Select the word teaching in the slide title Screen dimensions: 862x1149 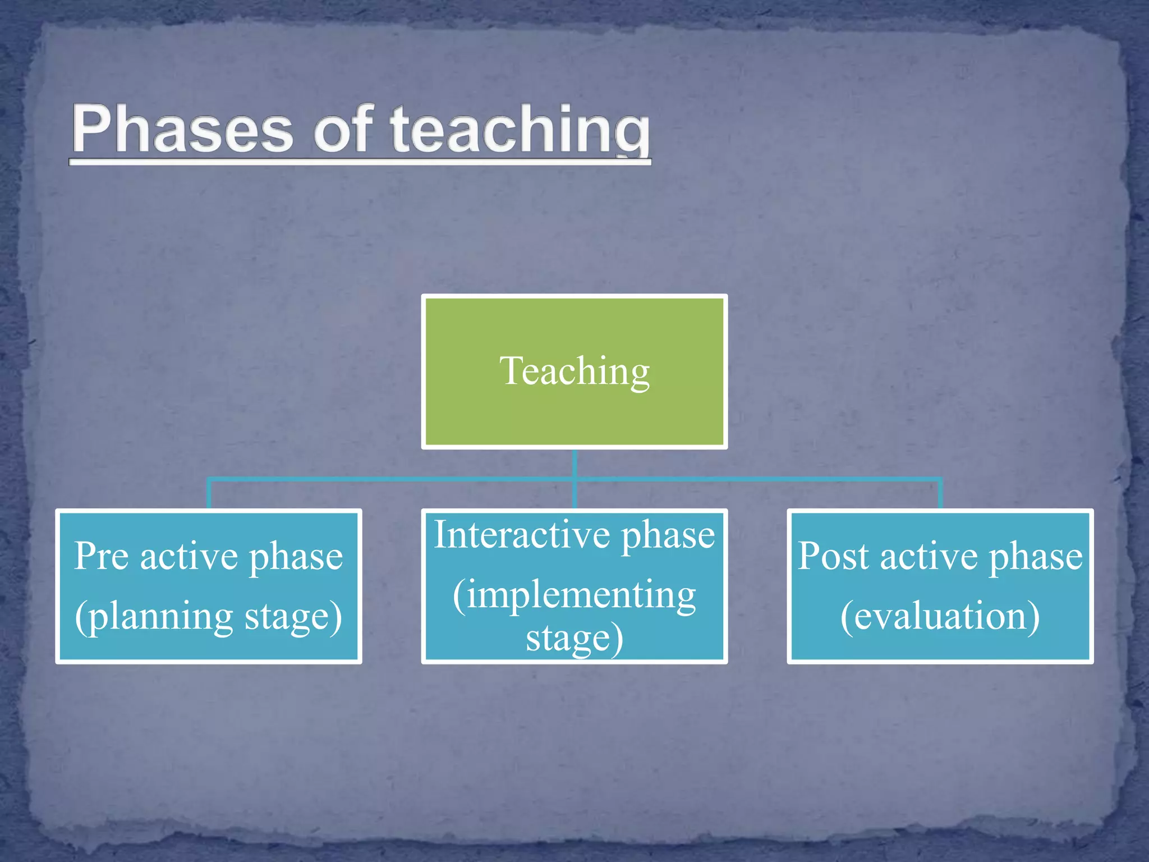520,130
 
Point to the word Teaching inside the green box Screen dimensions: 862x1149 574,372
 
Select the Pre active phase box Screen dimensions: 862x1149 208,645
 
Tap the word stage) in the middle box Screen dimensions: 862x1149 574,639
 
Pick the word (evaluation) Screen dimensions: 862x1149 940,616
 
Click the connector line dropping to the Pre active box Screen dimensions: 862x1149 209,494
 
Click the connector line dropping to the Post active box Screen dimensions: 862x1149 940,494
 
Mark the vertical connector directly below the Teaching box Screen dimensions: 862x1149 574,464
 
